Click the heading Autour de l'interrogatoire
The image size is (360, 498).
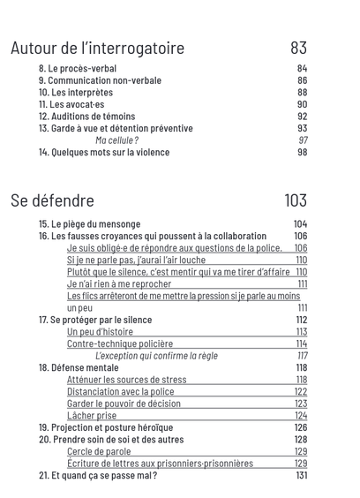(97, 48)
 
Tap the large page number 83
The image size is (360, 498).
(298, 48)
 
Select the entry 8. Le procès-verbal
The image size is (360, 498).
(78, 69)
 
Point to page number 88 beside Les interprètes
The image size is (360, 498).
(302, 93)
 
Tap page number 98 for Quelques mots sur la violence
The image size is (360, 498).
(302, 152)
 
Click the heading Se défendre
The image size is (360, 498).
(52, 200)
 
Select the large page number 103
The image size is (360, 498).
(295, 200)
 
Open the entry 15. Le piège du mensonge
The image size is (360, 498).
(89, 224)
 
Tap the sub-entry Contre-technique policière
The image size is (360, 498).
(120, 343)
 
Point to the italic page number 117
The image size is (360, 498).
(302, 356)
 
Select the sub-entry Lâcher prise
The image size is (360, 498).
(92, 415)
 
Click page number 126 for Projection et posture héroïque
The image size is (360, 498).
(301, 427)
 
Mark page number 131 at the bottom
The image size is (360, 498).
(302, 475)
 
